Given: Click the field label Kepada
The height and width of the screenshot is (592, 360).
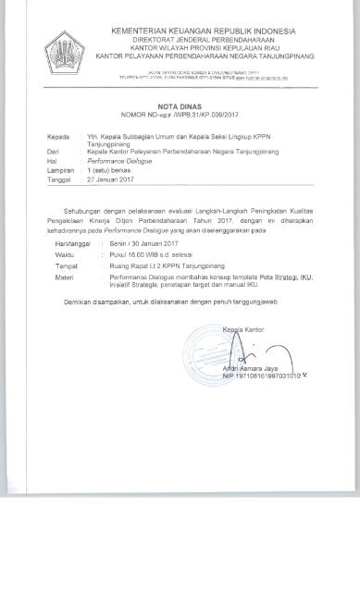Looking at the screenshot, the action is [58, 137].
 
